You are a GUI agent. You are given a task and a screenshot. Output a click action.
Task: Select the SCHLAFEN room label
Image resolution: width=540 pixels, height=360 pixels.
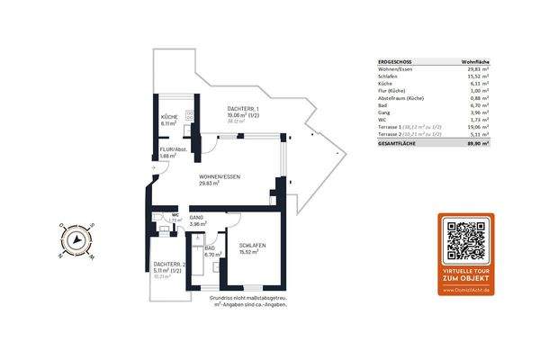pos(251,246)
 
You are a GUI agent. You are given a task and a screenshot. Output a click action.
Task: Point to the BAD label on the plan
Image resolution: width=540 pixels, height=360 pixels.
pos(210,248)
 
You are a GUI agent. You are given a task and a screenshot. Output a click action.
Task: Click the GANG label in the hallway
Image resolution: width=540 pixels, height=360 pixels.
pos(197,218)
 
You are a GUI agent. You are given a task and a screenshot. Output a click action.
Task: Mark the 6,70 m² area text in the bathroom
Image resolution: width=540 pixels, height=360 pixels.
pos(212,256)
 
